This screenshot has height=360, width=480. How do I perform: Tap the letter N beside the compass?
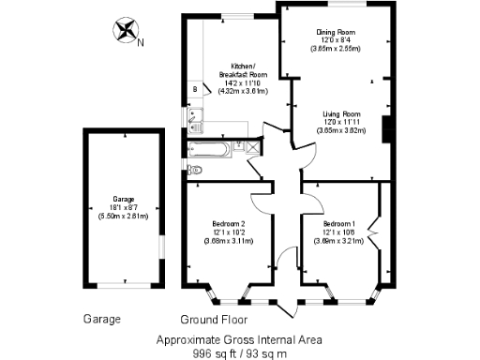[x=141, y=42]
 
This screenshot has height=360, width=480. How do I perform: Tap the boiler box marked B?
[x=195, y=89]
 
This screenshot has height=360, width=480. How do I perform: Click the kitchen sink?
[x=196, y=118]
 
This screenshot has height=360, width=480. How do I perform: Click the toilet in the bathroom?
[x=192, y=170]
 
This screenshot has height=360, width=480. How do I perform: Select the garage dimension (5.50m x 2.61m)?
[x=124, y=217]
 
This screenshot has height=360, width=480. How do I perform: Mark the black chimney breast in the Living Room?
[x=385, y=130]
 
